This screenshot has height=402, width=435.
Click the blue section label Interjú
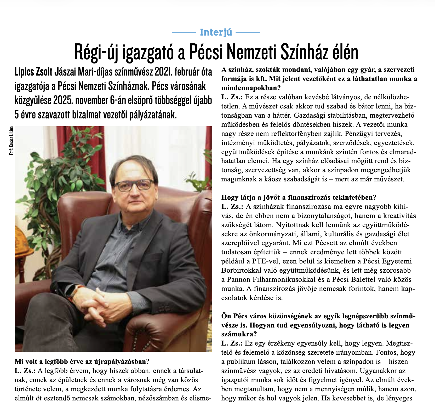pos(216,32)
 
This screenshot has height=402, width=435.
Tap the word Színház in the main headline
pos(299,52)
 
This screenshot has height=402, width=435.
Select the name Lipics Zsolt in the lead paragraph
pos(33,72)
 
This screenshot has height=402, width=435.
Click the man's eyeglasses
pos(134,185)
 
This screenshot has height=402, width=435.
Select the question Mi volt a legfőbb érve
pos(82,361)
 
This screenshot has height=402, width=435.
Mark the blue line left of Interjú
pos(184,33)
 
